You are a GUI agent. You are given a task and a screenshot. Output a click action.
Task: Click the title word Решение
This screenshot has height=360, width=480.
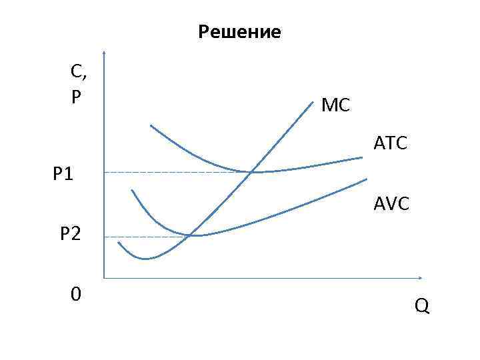click(240, 32)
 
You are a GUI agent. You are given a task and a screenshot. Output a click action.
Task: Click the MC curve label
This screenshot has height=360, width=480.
click(335, 105)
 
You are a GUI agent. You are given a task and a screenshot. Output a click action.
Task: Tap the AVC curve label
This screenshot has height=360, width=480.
click(392, 205)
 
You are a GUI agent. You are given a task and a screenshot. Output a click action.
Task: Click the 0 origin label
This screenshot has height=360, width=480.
click(77, 293)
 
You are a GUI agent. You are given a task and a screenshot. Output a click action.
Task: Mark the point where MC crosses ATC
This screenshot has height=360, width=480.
click(251, 172)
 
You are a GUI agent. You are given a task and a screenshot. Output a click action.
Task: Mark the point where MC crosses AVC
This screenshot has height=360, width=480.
click(191, 235)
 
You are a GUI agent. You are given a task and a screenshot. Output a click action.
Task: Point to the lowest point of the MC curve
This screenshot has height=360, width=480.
click(145, 258)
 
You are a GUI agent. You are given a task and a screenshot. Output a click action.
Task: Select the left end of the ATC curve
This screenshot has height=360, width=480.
click(151, 125)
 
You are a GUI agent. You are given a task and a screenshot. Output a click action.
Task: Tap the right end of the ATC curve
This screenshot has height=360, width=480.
click(362, 157)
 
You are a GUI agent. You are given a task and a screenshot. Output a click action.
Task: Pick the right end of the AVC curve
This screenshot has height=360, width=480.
click(367, 179)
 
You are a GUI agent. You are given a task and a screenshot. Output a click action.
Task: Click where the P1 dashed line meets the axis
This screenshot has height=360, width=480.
click(105, 172)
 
